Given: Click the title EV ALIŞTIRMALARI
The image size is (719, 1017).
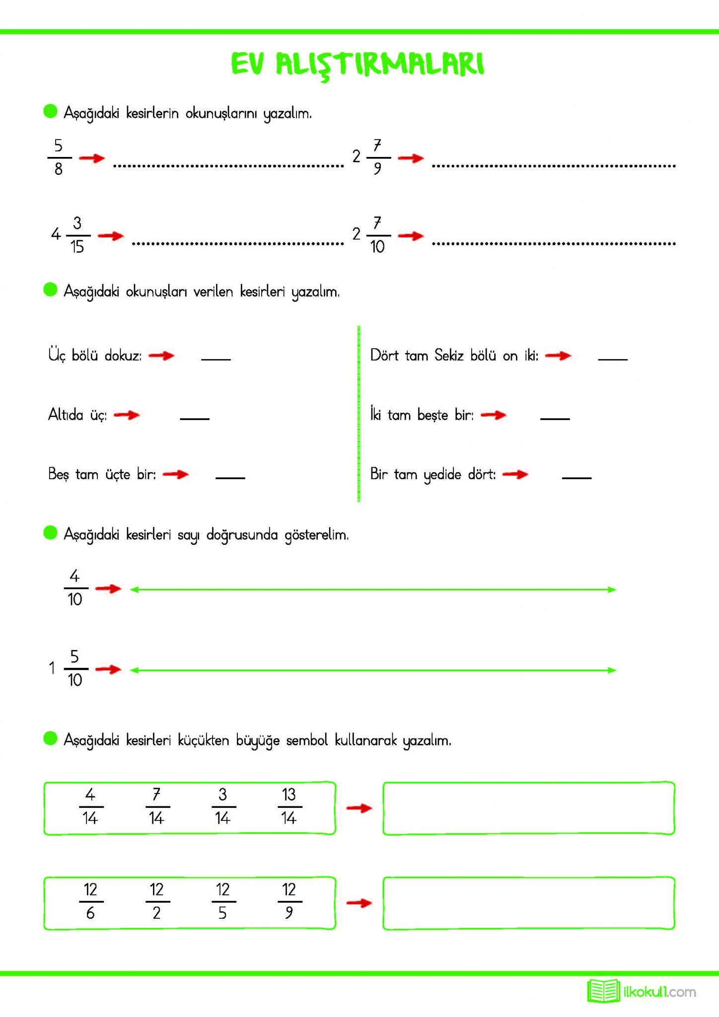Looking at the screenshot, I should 358,65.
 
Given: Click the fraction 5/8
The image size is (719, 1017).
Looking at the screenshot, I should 59,157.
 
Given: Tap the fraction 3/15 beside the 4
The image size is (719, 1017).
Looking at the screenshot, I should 77,235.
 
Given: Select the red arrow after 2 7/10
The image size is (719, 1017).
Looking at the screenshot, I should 411,236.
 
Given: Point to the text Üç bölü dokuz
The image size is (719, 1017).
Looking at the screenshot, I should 95,356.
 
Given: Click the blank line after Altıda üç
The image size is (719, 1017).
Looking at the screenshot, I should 194,418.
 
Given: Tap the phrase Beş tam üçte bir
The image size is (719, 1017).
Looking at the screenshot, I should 102,474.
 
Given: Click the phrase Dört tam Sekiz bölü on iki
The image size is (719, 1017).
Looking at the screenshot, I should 454,356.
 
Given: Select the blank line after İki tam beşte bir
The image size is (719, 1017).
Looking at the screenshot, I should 555,418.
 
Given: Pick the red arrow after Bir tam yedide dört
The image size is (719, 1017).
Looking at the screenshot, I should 515,474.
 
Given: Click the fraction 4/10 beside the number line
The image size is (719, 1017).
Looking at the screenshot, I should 75,588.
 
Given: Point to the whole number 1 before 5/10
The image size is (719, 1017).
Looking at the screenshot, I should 52,668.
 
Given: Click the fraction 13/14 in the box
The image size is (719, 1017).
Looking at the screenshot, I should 289,806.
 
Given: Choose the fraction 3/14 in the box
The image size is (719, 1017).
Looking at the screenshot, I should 222,806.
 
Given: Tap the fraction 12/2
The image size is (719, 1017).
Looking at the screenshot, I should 157,901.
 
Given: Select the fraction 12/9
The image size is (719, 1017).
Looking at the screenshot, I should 289,901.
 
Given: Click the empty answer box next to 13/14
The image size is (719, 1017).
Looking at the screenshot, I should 528,808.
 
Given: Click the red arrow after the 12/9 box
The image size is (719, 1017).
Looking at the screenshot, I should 359,903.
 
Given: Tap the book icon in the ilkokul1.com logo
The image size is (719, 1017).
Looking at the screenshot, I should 603,991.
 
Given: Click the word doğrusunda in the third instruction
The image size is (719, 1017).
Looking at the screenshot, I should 242,535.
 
